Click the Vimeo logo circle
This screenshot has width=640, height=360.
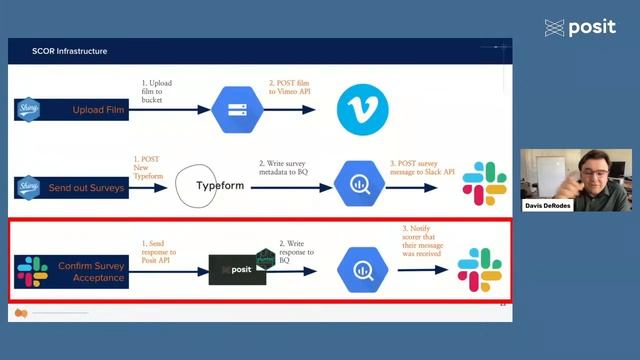(x=362, y=108)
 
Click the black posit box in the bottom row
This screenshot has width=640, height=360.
(x=237, y=270)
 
